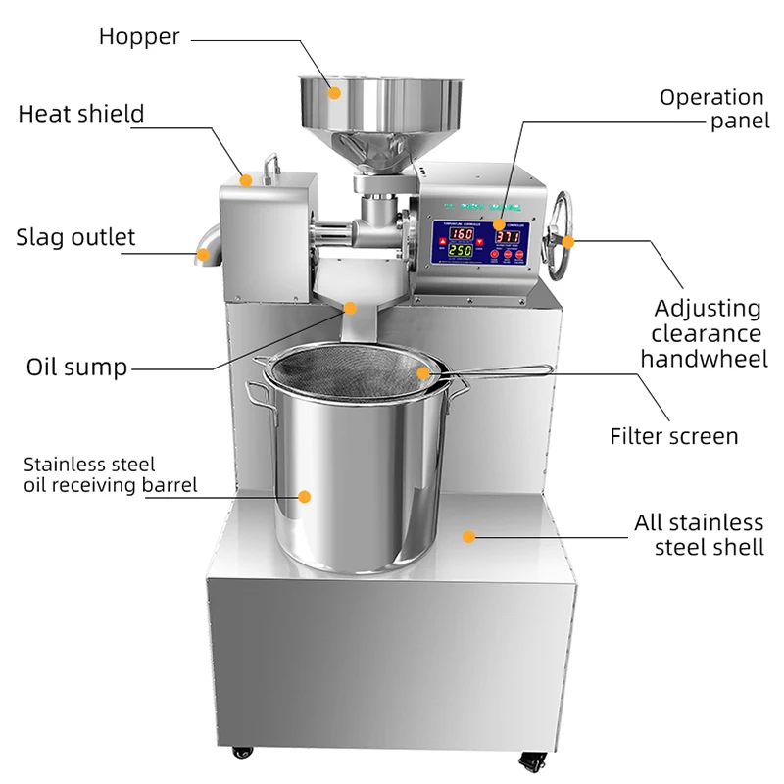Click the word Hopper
[x=139, y=37]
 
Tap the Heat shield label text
[x=81, y=114]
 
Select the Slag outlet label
[x=75, y=237]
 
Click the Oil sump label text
[x=76, y=367]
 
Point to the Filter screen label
[x=673, y=436]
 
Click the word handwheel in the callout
[x=704, y=359]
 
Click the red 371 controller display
[x=507, y=236]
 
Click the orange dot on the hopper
[x=334, y=93]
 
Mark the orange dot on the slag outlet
[x=204, y=255]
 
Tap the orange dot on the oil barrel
[x=304, y=497]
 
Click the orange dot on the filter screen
[x=423, y=372]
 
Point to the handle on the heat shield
[x=271, y=165]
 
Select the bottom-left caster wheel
[x=241, y=753]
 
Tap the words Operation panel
[x=710, y=109]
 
